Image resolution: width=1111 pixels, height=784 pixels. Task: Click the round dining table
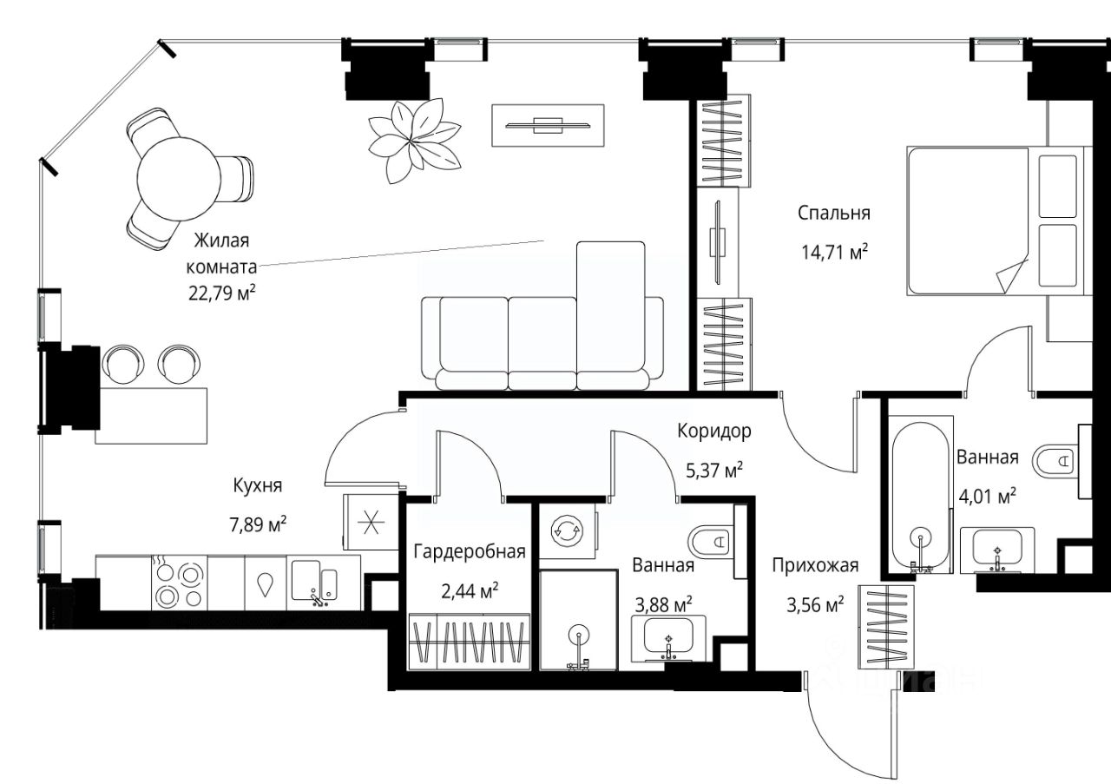click(179, 179)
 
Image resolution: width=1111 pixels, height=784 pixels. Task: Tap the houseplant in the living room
click(415, 141)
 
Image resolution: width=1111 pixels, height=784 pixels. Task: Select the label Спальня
click(834, 214)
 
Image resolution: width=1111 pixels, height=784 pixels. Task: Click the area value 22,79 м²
click(221, 293)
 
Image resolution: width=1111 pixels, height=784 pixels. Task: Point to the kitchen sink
click(314, 582)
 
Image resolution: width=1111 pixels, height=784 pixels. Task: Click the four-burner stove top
click(179, 583)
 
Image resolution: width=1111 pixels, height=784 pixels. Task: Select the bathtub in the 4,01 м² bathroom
click(921, 497)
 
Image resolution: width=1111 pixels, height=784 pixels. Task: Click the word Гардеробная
click(470, 552)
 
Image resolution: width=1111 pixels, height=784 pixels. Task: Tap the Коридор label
click(714, 432)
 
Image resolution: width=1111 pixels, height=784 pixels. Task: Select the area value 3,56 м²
click(815, 605)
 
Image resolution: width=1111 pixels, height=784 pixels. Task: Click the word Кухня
click(258, 485)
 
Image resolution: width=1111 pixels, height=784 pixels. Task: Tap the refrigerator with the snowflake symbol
click(371, 522)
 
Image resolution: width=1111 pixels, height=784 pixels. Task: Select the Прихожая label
click(815, 566)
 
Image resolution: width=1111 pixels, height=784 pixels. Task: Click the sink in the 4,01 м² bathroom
click(997, 550)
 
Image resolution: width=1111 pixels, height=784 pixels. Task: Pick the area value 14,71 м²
click(834, 253)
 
